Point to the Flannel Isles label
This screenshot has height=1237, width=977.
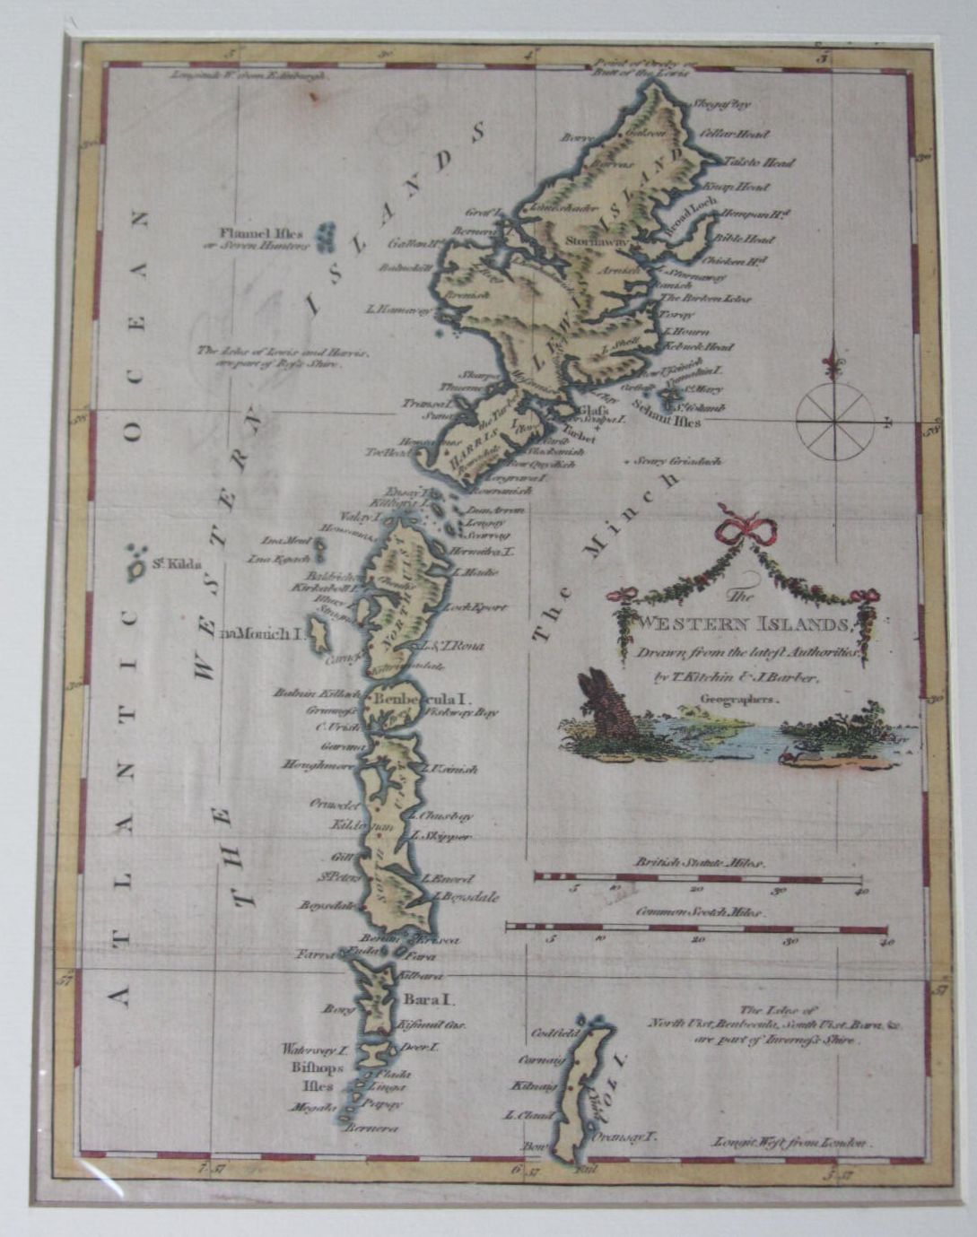pyautogui.click(x=262, y=239)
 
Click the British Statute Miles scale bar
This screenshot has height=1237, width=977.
pyautogui.click(x=698, y=877)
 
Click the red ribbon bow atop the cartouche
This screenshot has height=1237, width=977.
pyautogui.click(x=743, y=526)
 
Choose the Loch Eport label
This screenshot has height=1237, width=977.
pyautogui.click(x=482, y=607)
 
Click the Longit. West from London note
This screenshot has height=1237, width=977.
pyautogui.click(x=789, y=1142)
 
